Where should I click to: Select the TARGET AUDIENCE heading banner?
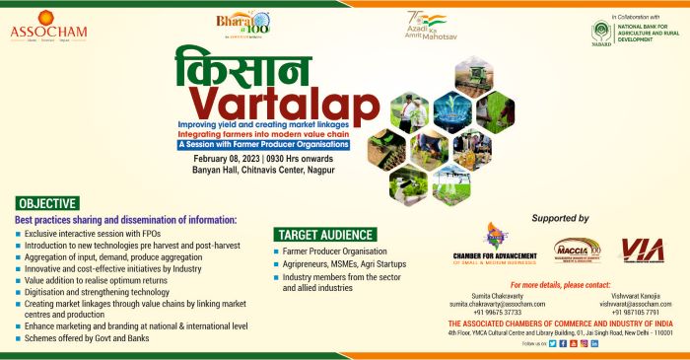click(325, 235)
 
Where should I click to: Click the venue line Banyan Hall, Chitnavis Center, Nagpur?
click(264, 170)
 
